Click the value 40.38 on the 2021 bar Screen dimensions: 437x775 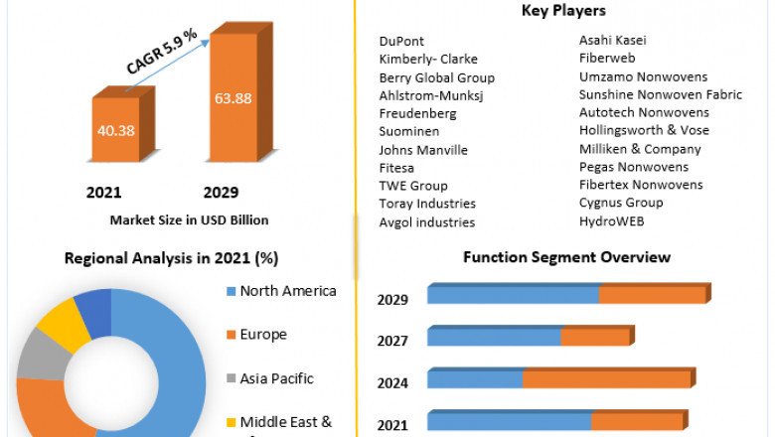[x=115, y=130]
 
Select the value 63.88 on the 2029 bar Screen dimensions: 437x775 [x=232, y=97]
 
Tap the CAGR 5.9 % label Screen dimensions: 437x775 [x=162, y=52]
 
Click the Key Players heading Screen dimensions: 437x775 [x=563, y=11]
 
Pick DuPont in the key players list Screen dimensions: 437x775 [x=401, y=42]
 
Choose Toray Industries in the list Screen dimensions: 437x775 [x=427, y=205]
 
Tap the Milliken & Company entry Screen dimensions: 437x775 [x=640, y=149]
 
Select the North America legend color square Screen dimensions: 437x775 [x=231, y=292]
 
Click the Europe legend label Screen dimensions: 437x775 [x=263, y=335]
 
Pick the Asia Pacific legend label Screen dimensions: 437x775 [x=276, y=378]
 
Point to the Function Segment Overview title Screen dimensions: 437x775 [x=566, y=257]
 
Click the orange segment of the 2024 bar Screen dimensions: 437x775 [x=606, y=378]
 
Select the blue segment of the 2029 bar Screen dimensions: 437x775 [x=513, y=295]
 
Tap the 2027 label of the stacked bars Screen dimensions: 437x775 [x=392, y=341]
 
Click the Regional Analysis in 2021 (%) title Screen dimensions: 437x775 [x=171, y=258]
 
